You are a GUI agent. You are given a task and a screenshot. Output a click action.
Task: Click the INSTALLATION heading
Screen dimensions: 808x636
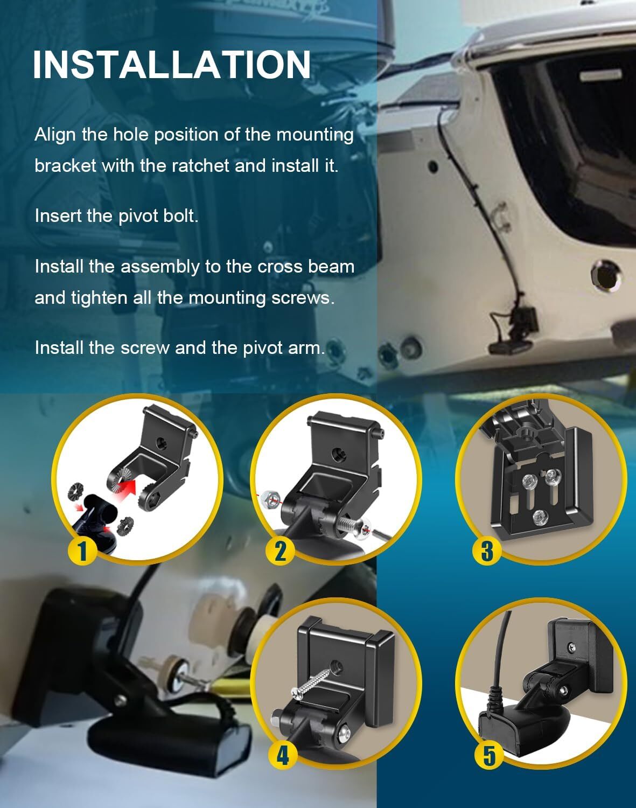click(171, 65)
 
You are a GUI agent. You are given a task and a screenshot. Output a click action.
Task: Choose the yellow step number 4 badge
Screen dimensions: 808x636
click(282, 755)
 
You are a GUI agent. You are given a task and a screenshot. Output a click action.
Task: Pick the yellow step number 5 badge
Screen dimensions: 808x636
click(488, 755)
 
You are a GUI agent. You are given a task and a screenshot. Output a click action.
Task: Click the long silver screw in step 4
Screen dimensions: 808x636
click(312, 681)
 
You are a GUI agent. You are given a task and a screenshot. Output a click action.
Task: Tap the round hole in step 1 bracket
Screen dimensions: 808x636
click(160, 443)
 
